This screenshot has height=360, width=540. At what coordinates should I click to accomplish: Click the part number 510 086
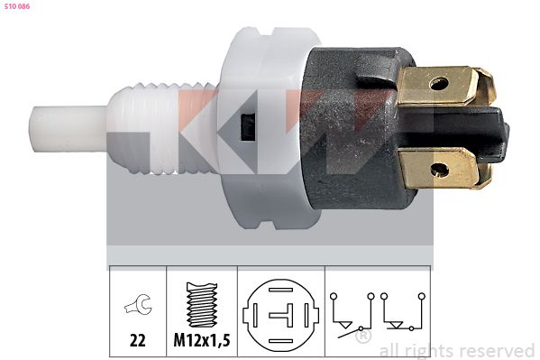16,6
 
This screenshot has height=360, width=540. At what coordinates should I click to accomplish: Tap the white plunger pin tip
66,129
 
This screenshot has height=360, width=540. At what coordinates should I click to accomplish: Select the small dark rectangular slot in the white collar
247,126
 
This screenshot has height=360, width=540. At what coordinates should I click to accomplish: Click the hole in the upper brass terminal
439,83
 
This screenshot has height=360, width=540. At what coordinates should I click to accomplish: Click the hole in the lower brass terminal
440,170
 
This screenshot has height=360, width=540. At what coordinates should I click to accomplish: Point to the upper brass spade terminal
446,87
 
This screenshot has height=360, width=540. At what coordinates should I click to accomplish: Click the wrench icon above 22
138,304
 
